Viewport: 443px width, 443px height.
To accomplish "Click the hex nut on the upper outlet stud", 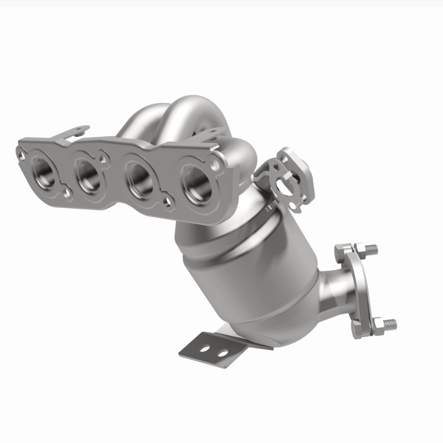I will pos(357,249).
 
